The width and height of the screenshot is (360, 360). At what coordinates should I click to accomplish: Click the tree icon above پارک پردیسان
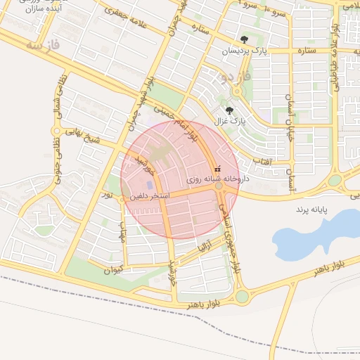pyautogui.click(x=244, y=40)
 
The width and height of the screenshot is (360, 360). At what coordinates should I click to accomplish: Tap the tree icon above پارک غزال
pyautogui.click(x=229, y=110)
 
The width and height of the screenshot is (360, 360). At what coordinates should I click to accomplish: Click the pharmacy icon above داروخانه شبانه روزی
pyautogui.click(x=217, y=169)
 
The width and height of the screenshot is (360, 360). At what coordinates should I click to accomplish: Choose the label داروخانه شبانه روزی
pyautogui.click(x=212, y=180)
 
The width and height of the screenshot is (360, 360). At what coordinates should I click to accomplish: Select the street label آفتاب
pyautogui.click(x=281, y=161)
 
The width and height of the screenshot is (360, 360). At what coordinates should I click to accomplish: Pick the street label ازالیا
pyautogui.click(x=204, y=247)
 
